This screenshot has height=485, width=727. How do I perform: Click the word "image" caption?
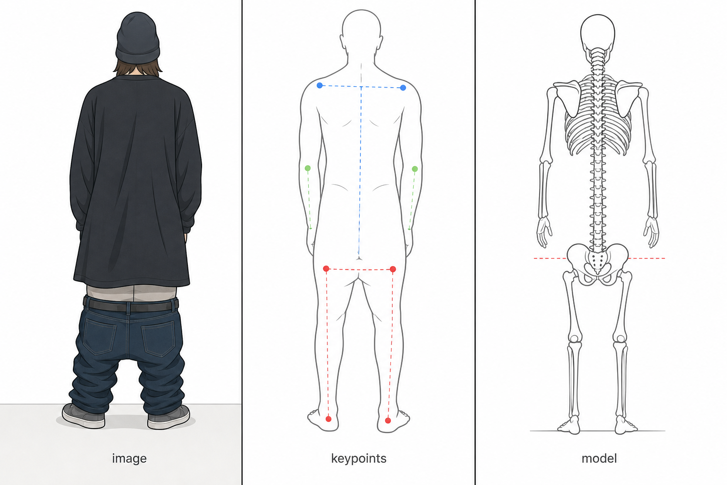(129, 458)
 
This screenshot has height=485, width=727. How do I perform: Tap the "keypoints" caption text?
(359, 458)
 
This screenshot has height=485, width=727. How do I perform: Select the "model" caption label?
(599, 458)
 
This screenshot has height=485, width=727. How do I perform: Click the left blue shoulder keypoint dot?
(319, 85)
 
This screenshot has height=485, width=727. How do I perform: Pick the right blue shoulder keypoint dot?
(403, 88)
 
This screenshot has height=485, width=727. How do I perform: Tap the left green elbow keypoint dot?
(308, 168)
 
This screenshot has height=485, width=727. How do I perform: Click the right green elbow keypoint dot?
(415, 169)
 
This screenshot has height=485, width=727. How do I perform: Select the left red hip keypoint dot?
(326, 269)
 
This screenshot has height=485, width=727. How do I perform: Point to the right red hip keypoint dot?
(393, 269)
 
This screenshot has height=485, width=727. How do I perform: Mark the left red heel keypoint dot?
(328, 419)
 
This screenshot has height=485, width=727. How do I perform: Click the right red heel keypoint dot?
(388, 421)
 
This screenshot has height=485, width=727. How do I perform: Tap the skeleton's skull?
(597, 36)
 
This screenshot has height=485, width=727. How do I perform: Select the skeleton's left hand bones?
(544, 232)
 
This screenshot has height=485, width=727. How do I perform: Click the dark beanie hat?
(138, 38)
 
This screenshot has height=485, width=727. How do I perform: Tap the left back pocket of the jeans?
(100, 336)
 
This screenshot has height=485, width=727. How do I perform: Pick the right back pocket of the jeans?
(159, 338)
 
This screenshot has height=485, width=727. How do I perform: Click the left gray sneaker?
(83, 416)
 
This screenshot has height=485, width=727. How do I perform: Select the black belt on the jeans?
(131, 305)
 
